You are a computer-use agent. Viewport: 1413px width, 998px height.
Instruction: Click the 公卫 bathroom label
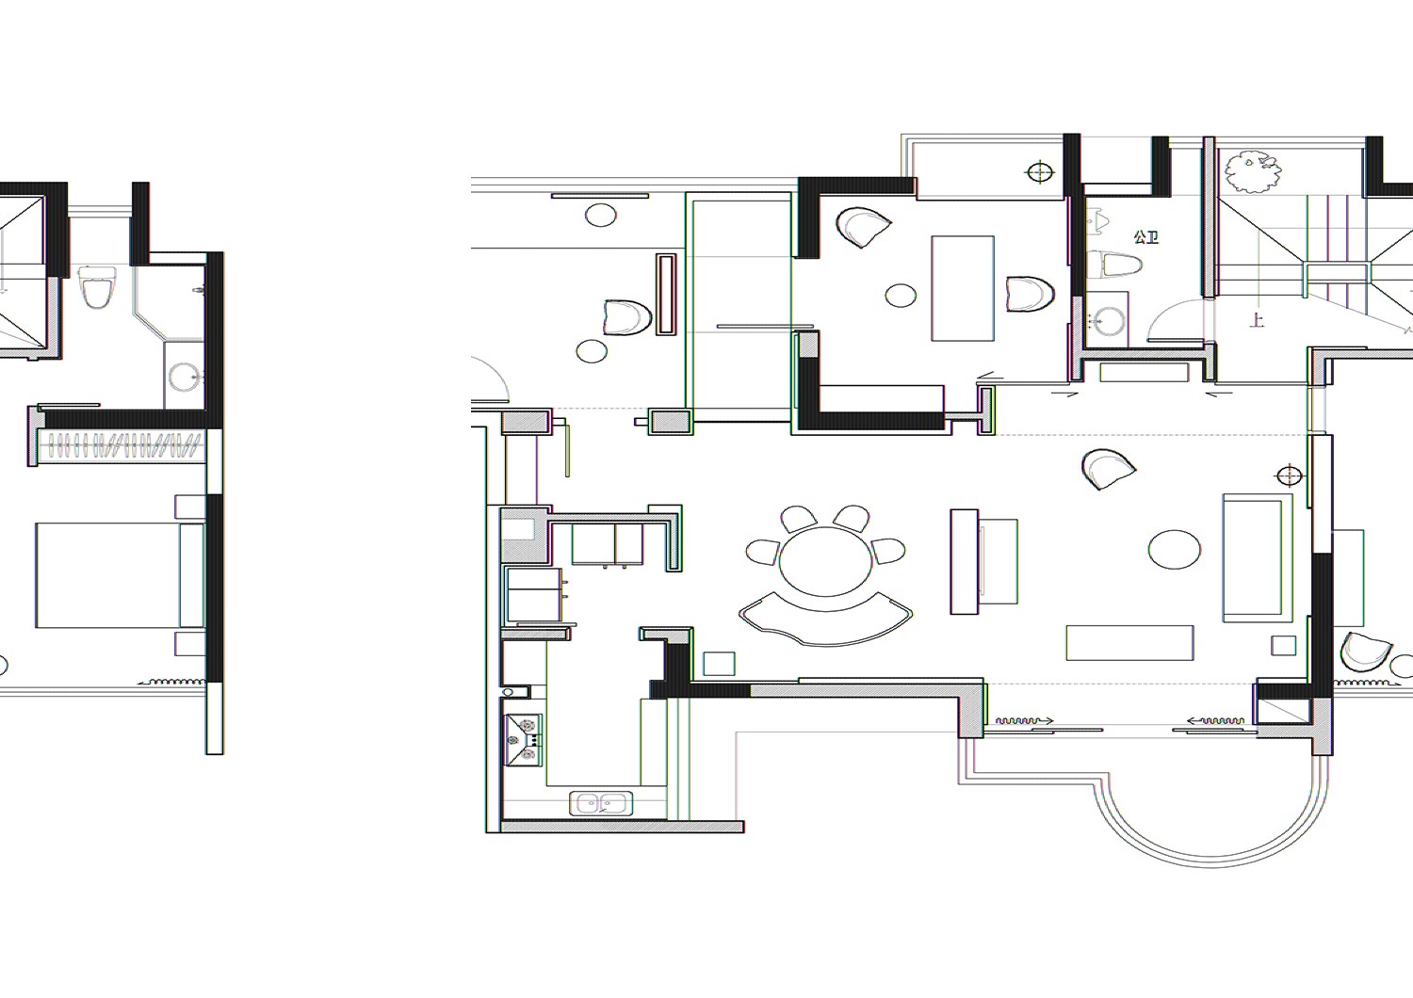[1145, 237]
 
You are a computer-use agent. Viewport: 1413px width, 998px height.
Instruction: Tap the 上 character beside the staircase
[1257, 319]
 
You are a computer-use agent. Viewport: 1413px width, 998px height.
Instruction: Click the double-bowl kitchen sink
[601, 803]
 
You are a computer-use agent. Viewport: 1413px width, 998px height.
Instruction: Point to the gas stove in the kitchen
[523, 740]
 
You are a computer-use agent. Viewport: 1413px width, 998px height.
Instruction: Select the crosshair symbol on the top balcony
[1040, 172]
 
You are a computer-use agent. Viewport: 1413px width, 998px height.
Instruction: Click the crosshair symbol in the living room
[1290, 475]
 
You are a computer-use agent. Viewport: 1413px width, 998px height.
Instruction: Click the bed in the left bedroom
[121, 575]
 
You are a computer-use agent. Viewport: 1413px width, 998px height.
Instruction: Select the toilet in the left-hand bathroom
[98, 287]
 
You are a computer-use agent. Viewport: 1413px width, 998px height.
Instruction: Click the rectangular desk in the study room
[964, 289]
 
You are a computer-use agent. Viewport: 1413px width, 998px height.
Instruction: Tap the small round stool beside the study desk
[901, 295]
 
